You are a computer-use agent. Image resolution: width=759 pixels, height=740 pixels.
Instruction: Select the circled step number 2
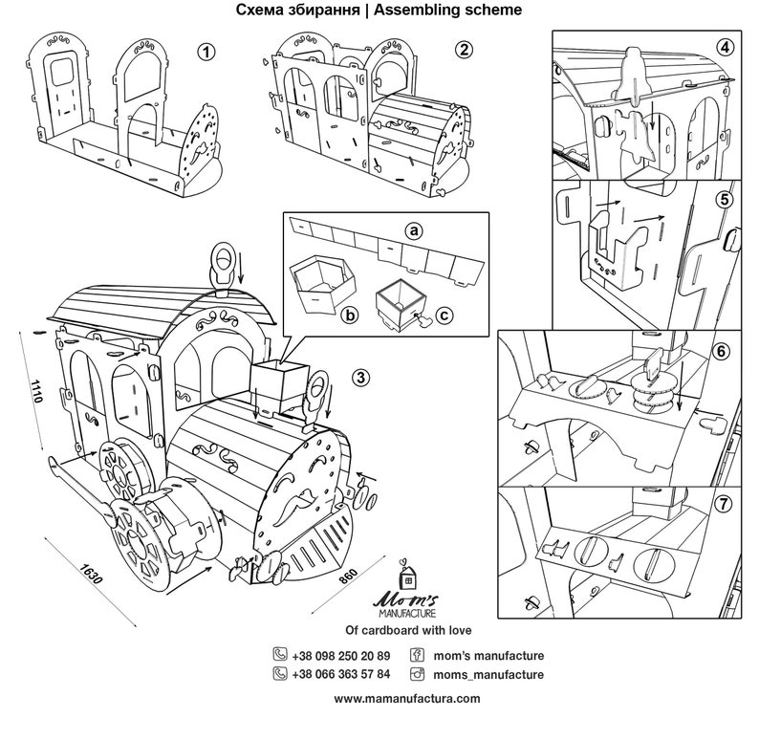[463, 50]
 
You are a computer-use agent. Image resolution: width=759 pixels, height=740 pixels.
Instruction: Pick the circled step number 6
[723, 350]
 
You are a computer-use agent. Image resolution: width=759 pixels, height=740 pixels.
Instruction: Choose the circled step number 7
[723, 504]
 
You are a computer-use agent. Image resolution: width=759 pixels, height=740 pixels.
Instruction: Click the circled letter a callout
[413, 231]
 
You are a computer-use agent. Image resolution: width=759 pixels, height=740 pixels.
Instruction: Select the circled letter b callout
[350, 313]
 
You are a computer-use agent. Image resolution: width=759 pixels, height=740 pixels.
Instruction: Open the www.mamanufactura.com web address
[406, 699]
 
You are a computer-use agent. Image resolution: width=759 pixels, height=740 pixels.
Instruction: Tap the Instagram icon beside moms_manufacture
[417, 674]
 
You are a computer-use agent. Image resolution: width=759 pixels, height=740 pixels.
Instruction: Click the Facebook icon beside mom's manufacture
[417, 656]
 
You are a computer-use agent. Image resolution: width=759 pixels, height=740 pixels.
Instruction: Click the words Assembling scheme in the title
[462, 11]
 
